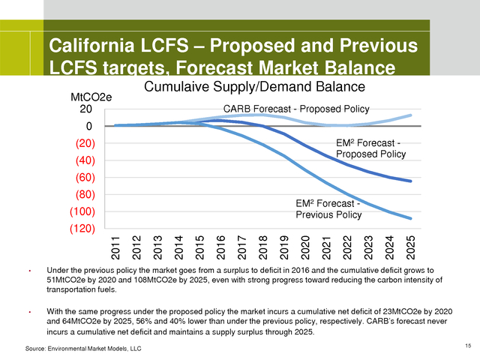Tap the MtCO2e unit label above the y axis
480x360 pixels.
click(91, 97)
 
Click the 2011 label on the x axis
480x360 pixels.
click(117, 247)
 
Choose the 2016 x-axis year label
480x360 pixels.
click(222, 247)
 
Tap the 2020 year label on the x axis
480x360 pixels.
click(306, 247)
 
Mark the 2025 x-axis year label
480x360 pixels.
click(411, 247)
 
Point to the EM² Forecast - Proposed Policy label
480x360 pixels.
click(370, 148)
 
